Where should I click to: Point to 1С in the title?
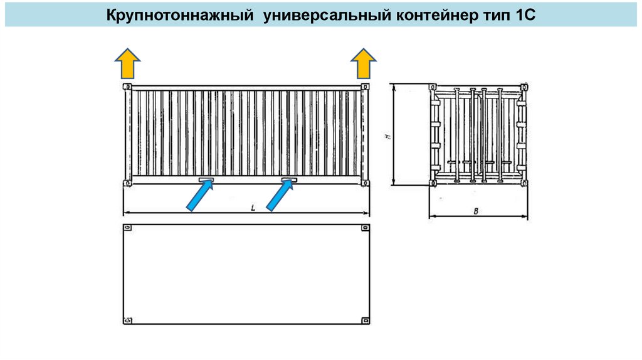pos(525,14)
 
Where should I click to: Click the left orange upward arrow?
pos(127,64)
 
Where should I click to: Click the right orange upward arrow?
pos(363,64)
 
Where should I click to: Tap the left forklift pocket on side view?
pos(206,181)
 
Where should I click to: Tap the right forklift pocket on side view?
pos(289,181)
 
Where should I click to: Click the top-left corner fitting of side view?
pos(127,87)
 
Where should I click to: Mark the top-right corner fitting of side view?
pos(364,87)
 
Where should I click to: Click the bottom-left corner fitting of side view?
pos(127,183)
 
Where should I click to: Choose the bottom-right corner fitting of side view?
pos(364,183)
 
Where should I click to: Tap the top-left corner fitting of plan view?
pos(127,228)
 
